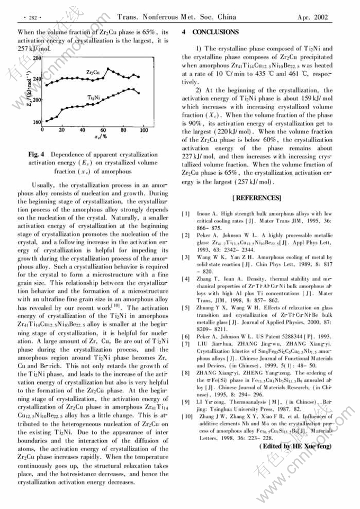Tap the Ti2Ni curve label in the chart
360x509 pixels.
click(94, 96)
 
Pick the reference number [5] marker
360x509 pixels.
click(186, 307)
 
